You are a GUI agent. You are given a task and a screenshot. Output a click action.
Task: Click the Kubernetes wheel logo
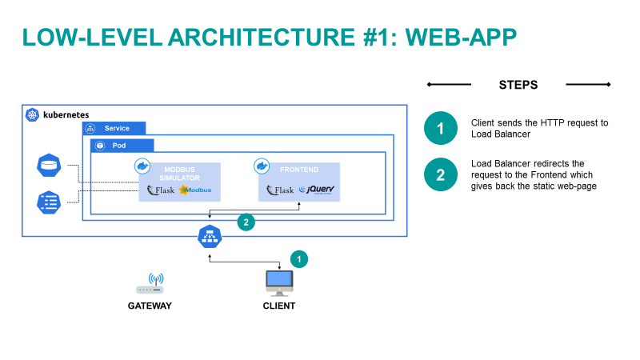[33, 115]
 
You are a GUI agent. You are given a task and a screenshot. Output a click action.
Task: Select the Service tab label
[117, 128]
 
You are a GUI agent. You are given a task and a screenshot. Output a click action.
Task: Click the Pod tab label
[118, 146]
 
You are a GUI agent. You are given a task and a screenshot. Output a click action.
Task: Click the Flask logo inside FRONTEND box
[280, 190]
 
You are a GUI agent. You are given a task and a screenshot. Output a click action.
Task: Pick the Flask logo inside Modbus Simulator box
[161, 190]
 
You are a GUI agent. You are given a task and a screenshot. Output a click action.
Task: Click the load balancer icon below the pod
[210, 237]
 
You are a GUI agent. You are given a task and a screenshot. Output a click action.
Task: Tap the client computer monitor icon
[279, 282]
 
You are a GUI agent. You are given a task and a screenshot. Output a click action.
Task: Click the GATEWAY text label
[150, 306]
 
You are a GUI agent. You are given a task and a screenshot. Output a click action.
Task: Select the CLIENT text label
[279, 306]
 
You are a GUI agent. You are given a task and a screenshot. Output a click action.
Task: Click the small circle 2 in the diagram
[246, 222]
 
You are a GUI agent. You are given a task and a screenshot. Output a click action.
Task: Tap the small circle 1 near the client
[298, 259]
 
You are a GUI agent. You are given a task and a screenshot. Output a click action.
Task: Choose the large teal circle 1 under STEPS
[440, 129]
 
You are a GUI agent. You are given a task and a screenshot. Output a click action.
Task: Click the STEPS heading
[518, 85]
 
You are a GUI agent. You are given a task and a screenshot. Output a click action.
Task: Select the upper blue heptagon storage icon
[49, 167]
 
